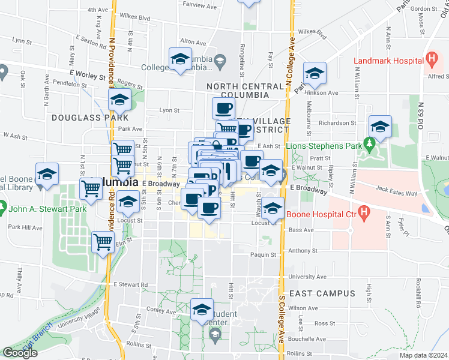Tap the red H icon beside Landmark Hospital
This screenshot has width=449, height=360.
(x=431, y=59)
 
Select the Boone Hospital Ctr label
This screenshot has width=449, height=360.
(x=321, y=213)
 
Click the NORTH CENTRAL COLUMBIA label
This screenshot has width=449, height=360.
(x=245, y=91)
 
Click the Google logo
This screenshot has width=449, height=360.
(x=20, y=353)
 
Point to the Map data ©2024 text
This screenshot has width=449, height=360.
(x=423, y=355)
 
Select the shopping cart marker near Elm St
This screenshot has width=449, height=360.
(x=103, y=242)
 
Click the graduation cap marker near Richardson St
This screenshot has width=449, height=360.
(x=380, y=127)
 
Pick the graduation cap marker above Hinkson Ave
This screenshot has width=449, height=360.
(x=314, y=73)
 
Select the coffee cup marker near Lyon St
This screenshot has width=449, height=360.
(x=223, y=109)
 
